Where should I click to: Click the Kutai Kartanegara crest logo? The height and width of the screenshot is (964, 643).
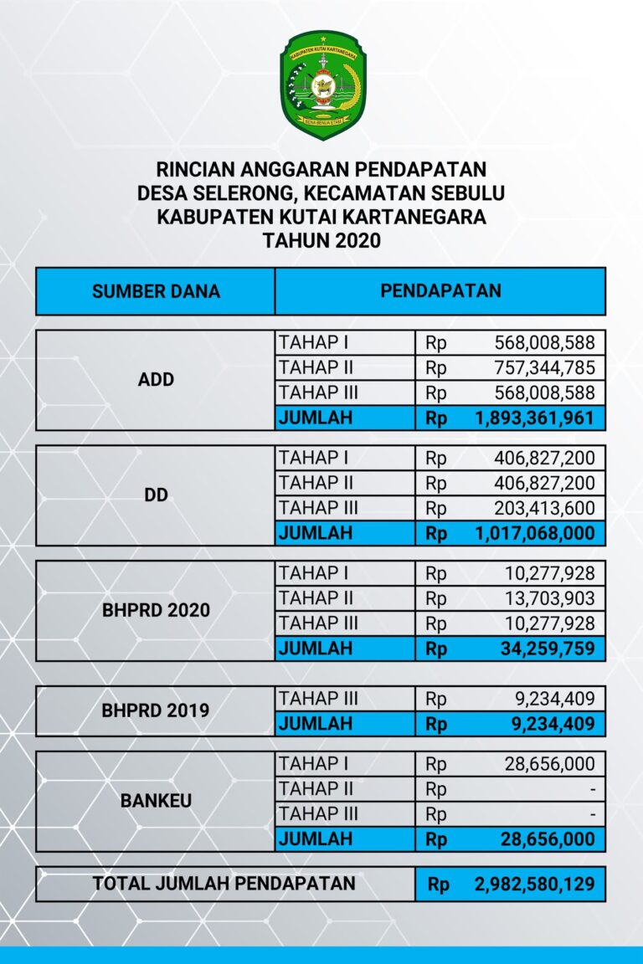322,85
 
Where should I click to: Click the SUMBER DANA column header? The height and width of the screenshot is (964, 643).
156,291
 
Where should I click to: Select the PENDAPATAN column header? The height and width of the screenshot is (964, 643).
440,291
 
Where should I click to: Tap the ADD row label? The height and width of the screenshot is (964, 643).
156,379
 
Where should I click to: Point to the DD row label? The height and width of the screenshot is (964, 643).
156,495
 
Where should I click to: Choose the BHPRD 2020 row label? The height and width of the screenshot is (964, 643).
156,610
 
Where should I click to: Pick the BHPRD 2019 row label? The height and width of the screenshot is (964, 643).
156,711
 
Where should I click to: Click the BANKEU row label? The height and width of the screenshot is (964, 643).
156,801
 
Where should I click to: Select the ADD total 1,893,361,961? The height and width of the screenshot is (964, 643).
534,418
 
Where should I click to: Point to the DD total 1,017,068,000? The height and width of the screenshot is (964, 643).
534,533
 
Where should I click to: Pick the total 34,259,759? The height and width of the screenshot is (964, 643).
544,649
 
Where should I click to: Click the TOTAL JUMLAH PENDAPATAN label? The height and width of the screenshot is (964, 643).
224,883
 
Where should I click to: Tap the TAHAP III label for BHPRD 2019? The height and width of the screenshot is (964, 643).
318,699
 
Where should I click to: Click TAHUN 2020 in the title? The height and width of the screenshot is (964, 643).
321,241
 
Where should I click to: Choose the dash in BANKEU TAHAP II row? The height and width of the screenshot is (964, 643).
592,789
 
